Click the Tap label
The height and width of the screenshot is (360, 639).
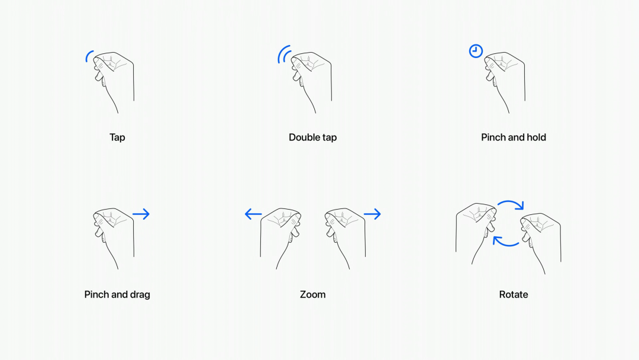click(x=117, y=137)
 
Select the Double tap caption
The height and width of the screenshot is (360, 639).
click(x=312, y=137)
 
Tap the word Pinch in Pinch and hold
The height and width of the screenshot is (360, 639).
click(x=493, y=137)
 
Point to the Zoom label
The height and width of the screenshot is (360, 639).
click(x=312, y=294)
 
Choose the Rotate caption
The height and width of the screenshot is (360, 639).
click(x=513, y=294)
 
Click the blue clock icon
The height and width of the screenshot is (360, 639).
click(x=476, y=51)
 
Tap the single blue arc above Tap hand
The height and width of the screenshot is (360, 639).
click(x=89, y=56)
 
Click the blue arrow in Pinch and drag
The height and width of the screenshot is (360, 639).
click(x=141, y=214)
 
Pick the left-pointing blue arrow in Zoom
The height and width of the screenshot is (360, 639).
click(x=253, y=214)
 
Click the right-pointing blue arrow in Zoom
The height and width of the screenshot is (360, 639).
click(x=372, y=214)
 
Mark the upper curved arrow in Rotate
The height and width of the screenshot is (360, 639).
click(x=510, y=205)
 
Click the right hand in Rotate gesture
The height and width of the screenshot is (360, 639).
click(x=541, y=240)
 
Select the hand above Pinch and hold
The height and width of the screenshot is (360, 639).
click(x=505, y=77)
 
